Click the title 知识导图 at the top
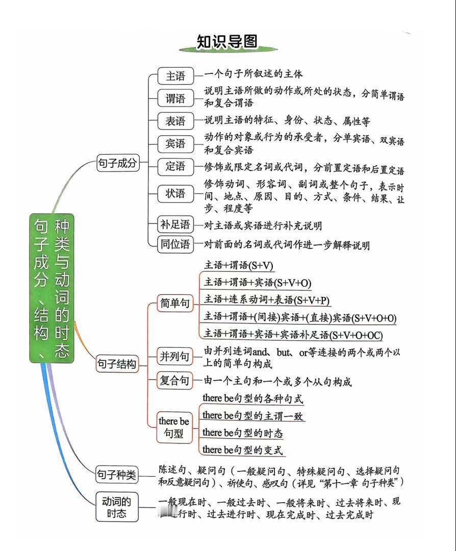[227, 41]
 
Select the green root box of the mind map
[52, 288]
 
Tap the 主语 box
[175, 76]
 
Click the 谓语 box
[175, 98]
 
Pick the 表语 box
[175, 121]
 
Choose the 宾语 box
[175, 144]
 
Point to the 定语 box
[175, 166]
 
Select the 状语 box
[175, 193]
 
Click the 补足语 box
[175, 224]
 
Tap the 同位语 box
[175, 244]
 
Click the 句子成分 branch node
[118, 163]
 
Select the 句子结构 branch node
[117, 364]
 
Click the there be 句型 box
[174, 428]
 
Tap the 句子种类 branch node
[117, 475]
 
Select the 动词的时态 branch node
[117, 507]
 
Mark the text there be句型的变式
[242, 449]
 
